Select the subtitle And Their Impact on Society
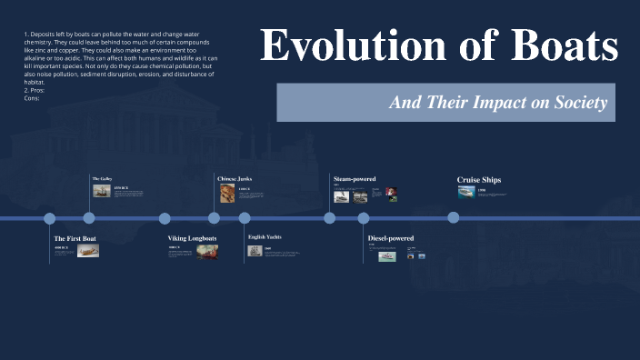click(497, 103)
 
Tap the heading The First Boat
click(75, 238)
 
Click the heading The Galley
click(102, 178)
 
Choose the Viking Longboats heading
click(192, 238)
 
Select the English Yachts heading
click(265, 237)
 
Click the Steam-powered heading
click(355, 179)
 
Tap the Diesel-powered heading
click(390, 238)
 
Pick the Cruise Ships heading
click(478, 180)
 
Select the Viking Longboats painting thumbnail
click(207, 252)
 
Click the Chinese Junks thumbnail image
click(227, 194)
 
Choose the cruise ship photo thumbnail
click(465, 193)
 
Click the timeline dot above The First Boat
click(50, 218)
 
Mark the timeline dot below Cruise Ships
click(454, 218)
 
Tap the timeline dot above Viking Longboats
click(165, 218)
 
